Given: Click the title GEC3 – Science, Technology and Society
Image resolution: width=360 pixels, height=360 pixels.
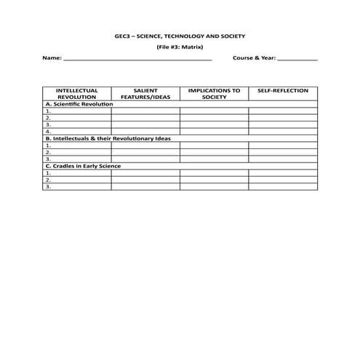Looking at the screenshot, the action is tap(180, 35).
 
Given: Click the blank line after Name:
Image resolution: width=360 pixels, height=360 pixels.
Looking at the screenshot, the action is tap(138, 57).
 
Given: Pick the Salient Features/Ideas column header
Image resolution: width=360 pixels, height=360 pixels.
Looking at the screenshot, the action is tap(145, 94).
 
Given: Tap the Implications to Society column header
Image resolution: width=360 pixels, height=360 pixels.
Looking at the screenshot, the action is tap(214, 94).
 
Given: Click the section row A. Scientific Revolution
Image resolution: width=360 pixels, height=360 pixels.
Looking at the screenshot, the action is tap(79, 104).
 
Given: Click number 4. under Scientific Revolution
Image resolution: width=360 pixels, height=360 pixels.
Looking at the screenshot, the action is tap(48, 132).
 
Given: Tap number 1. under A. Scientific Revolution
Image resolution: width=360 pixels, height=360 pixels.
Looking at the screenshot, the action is tap(48, 111).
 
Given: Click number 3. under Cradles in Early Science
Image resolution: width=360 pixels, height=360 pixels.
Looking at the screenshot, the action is tap(48, 187).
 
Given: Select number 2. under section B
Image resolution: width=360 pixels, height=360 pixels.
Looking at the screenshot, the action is tap(48, 152).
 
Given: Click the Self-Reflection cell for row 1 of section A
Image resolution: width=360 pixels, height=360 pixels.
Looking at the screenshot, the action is tap(283, 111).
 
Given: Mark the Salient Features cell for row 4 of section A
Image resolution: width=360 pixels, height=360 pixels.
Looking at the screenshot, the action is tap(145, 132).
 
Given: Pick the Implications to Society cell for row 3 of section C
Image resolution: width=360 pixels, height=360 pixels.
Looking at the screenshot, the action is tap(214, 187).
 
